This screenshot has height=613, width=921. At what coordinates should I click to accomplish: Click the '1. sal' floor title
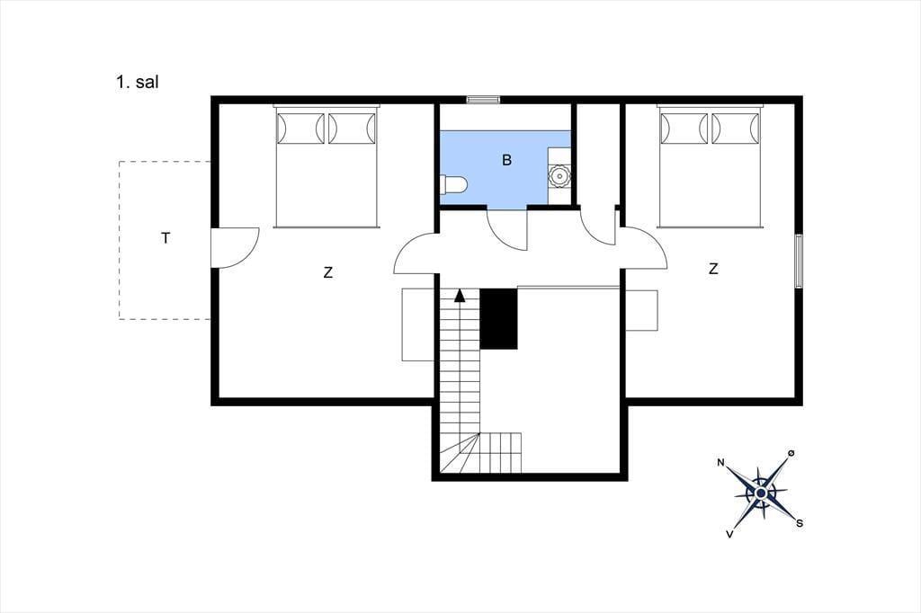(138, 82)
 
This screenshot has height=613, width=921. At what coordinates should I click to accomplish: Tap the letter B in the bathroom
(507, 160)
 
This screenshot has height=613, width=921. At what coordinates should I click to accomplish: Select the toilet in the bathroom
(453, 185)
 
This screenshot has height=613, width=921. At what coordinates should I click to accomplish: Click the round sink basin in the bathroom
(559, 175)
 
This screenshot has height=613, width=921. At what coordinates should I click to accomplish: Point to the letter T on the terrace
(166, 238)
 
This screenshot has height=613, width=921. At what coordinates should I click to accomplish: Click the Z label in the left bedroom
(327, 272)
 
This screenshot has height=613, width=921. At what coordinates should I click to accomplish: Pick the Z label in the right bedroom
(713, 269)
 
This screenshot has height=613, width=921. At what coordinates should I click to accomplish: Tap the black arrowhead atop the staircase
(460, 296)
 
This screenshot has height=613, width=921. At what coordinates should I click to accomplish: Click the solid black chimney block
(498, 319)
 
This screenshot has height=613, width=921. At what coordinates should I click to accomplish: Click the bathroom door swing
(508, 229)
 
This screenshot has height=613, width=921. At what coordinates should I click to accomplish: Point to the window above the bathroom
(483, 100)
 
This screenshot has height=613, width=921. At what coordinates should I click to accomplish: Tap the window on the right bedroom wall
(799, 261)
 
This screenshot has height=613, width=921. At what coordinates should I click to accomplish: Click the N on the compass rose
(720, 463)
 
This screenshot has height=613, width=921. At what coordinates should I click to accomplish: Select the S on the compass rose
(800, 523)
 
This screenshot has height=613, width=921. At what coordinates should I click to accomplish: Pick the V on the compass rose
(730, 534)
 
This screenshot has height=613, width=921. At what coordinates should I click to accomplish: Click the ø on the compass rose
(791, 453)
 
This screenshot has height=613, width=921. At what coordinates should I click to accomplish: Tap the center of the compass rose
(761, 493)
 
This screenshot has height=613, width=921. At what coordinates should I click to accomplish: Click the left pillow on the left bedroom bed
(300, 128)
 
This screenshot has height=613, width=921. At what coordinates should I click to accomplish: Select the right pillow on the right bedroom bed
(736, 128)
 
